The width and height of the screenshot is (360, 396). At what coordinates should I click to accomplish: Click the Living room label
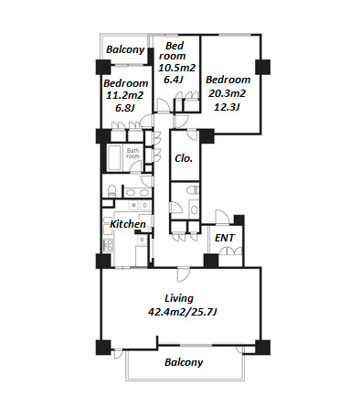tap(179, 298)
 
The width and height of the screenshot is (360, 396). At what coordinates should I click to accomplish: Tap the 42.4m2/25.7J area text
tap(182, 312)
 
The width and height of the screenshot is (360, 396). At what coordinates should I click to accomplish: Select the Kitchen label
tap(128, 224)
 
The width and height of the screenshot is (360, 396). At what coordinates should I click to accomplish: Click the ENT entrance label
tap(225, 238)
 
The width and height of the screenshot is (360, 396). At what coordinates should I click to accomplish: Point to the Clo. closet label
tap(184, 158)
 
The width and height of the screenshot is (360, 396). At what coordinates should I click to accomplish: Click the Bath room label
tap(132, 153)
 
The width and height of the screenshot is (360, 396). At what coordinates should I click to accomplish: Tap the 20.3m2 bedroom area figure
tap(227, 93)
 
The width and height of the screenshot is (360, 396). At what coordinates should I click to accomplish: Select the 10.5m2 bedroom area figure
tap(176, 68)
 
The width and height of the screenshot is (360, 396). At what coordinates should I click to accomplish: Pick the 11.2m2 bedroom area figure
tap(124, 95)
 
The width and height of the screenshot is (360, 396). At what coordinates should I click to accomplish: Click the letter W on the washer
tap(133, 206)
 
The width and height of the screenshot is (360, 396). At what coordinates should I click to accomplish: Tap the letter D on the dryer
tap(145, 206)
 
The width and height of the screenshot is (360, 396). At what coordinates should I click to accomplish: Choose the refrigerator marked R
tap(142, 240)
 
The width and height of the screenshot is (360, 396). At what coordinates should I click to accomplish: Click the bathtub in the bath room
tap(114, 158)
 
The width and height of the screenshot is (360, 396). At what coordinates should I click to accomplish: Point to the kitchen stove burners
tap(108, 245)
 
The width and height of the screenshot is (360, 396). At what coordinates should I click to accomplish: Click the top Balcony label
tap(125, 49)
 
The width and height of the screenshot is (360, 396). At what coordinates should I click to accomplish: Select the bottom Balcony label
tap(184, 362)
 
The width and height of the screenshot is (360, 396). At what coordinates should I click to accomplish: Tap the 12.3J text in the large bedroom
tap(227, 107)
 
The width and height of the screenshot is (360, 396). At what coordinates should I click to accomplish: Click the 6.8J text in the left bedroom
tap(125, 108)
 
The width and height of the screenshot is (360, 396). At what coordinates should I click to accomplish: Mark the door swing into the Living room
tap(184, 274)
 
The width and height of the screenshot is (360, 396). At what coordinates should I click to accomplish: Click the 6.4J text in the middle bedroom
tap(174, 80)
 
